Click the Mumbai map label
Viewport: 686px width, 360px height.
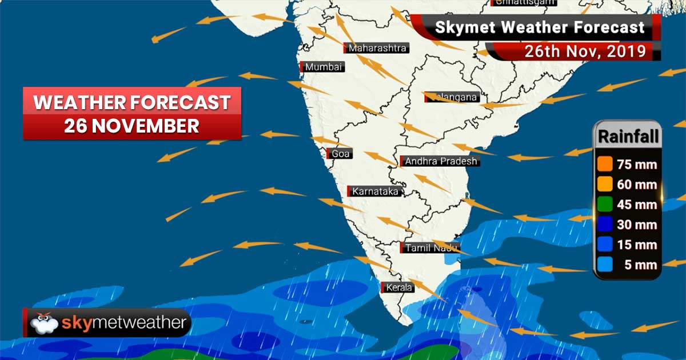coord(324,67)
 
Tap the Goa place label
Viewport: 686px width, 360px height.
coord(341,153)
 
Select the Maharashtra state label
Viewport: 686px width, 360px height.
coord(377,48)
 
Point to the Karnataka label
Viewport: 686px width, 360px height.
coord(375,191)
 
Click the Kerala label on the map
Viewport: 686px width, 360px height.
coord(399,287)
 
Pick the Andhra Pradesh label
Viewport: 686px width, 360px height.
coord(440,162)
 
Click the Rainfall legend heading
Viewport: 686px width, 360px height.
coord(628,137)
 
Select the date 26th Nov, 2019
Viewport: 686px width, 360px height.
coord(585,51)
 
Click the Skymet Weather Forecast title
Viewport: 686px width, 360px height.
coord(540,27)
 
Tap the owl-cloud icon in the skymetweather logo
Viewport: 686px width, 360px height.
coord(45,323)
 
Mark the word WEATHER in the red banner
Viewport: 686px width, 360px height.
coord(78,103)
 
